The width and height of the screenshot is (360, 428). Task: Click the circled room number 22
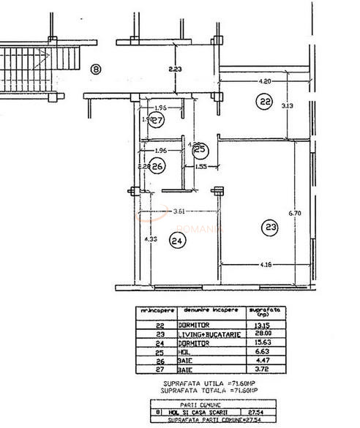pos(264,102)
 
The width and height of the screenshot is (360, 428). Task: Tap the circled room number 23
pos(271,228)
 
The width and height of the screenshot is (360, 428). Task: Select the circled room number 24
pos(176,240)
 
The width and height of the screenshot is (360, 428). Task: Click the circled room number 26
pos(157,166)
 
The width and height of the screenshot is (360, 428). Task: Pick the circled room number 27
pos(156,121)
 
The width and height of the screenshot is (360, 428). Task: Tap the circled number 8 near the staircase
pos(96,70)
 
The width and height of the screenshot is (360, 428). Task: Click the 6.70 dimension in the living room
pos(295,213)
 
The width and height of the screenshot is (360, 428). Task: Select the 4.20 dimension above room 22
pos(265,81)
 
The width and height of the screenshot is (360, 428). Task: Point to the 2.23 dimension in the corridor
pos(175,70)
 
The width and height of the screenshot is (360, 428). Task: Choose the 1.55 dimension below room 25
pos(201,167)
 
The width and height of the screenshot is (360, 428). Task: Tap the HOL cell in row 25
pos(184,350)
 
